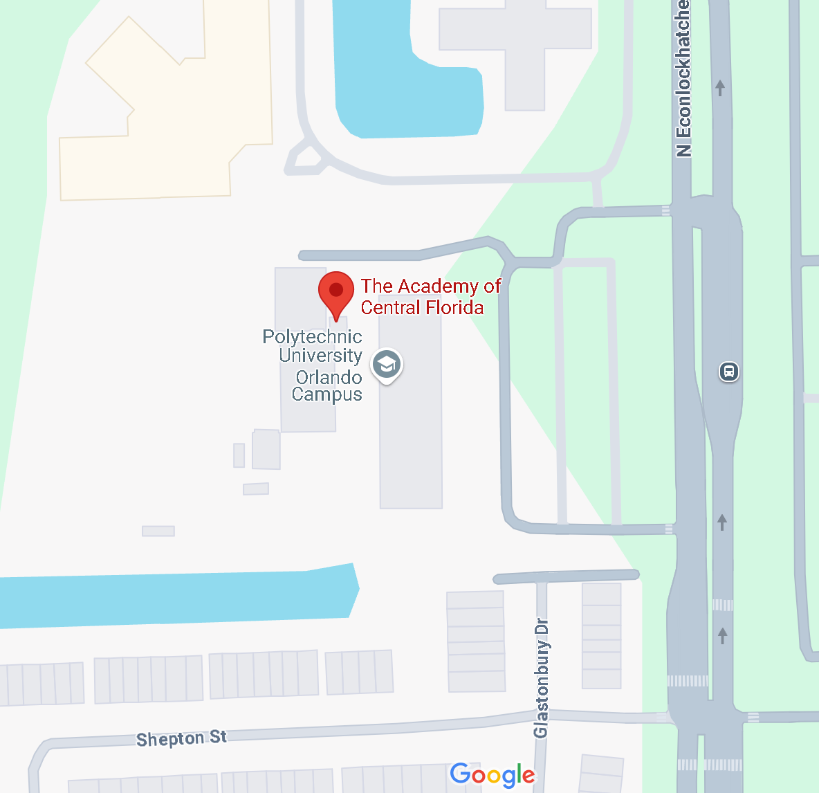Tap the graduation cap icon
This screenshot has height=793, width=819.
[x=386, y=364]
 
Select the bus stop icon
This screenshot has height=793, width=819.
[x=729, y=372]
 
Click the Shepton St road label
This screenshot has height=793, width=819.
[x=181, y=738]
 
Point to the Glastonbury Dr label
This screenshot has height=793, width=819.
[x=541, y=678]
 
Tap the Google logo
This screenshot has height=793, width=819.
[x=493, y=775]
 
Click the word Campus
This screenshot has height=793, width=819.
[x=326, y=394]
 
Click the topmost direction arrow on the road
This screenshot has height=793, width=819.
[x=720, y=88]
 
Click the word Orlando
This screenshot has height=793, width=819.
[x=329, y=377]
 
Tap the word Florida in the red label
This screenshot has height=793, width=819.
[x=451, y=307]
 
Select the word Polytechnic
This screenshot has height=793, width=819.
[x=312, y=337]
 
